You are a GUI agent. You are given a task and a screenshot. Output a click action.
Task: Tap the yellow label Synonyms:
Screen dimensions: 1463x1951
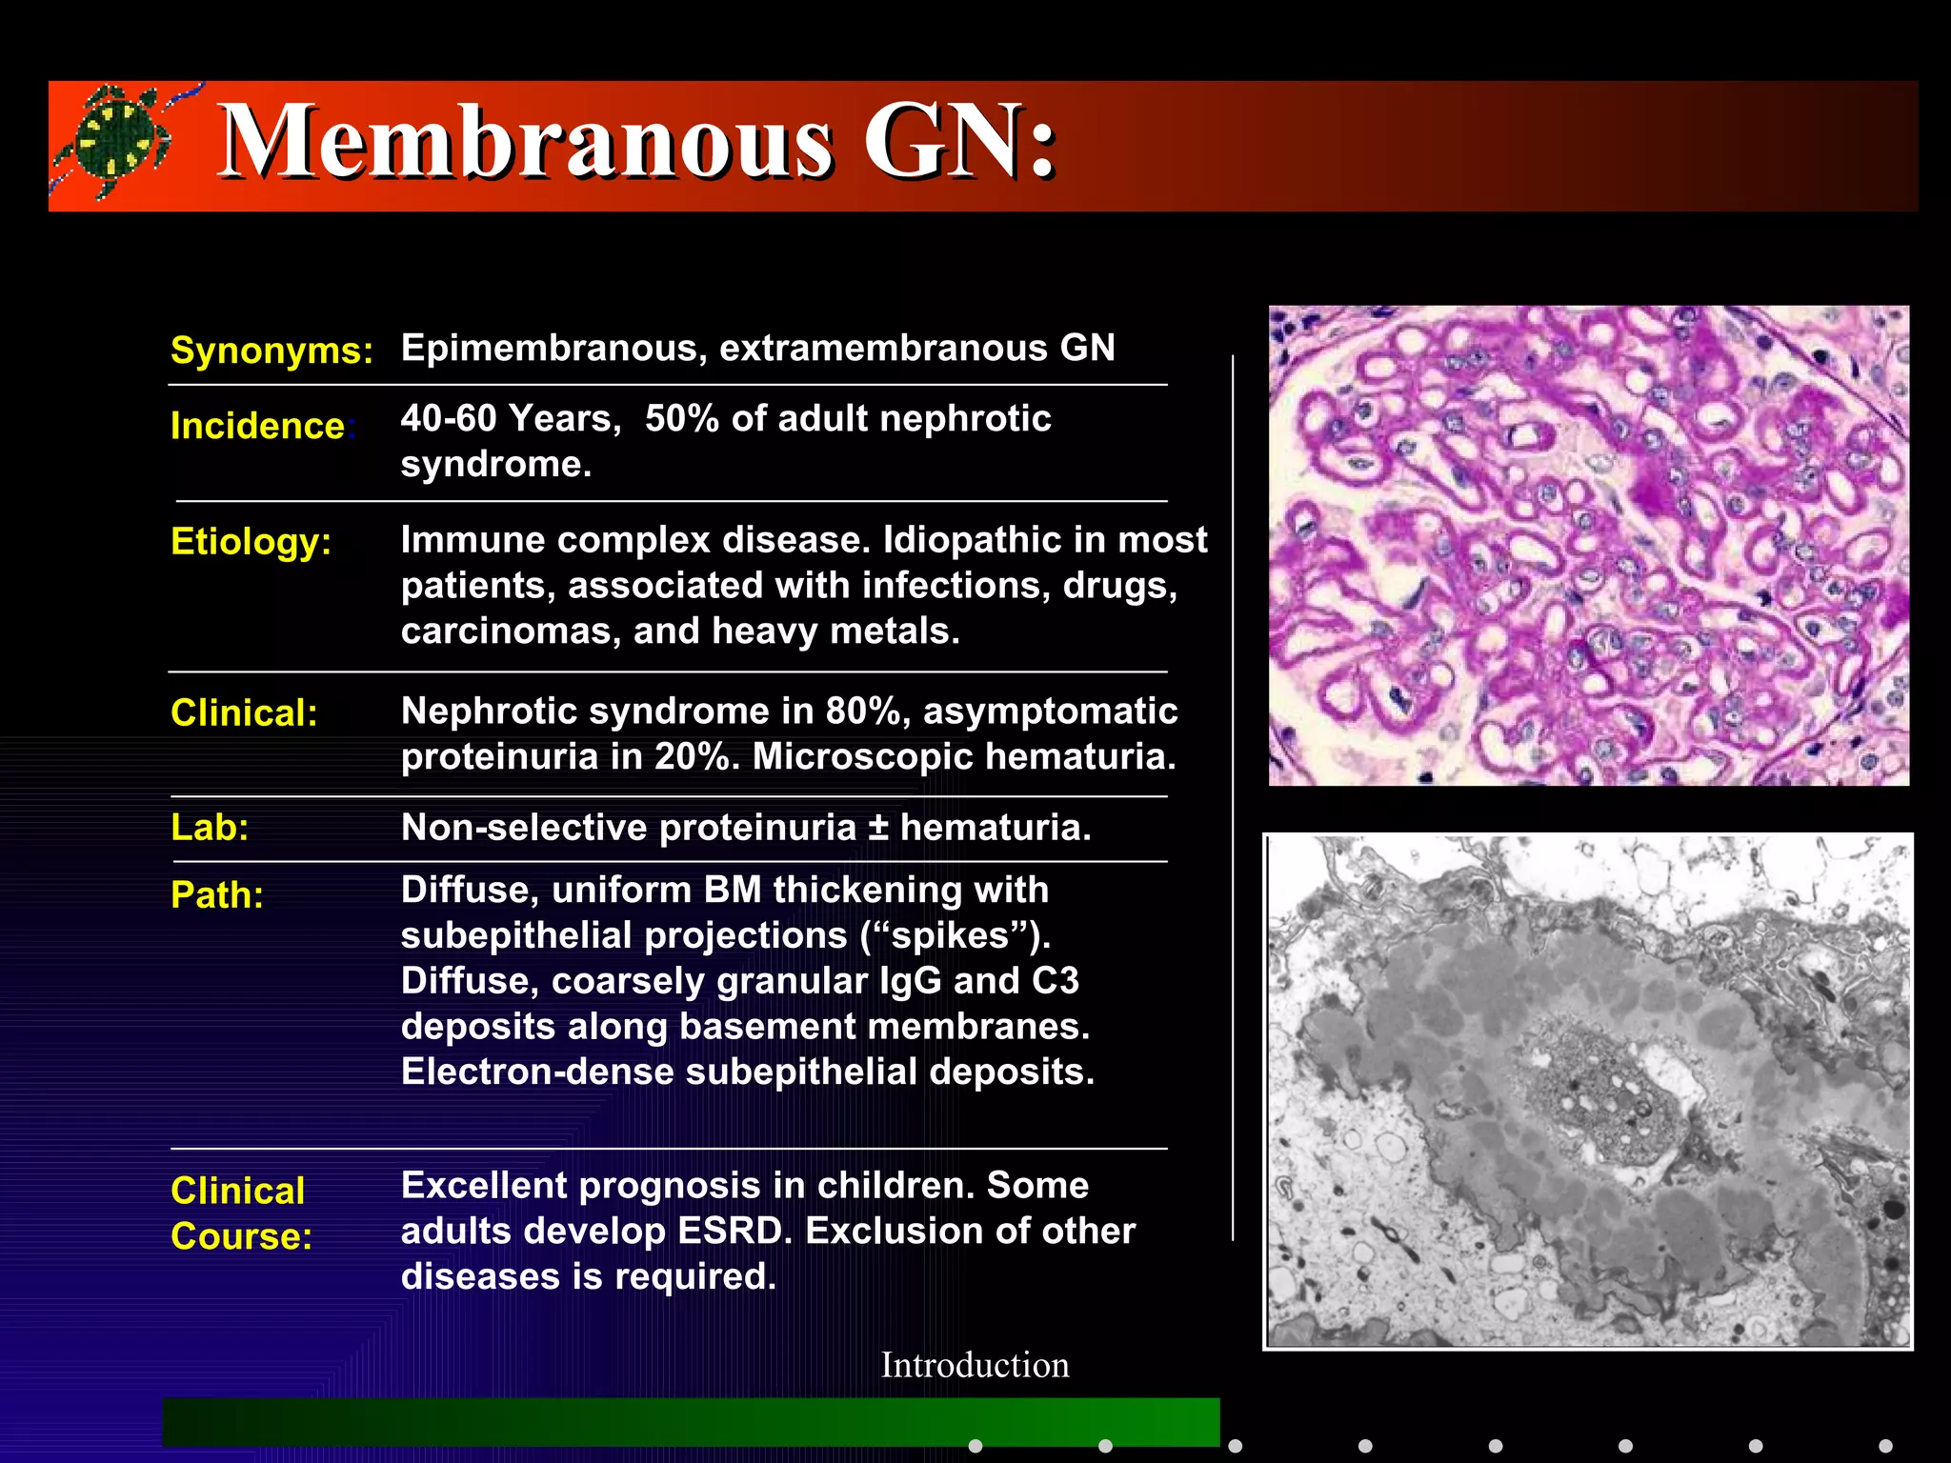click(x=272, y=351)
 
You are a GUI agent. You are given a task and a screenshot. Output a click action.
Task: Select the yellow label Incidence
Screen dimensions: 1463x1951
click(x=257, y=426)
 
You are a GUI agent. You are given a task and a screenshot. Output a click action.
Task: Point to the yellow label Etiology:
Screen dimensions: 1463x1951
click(x=251, y=541)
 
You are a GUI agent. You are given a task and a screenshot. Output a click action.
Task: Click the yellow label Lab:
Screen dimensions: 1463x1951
click(x=210, y=827)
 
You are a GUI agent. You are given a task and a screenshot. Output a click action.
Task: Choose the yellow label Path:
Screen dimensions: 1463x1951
click(x=217, y=895)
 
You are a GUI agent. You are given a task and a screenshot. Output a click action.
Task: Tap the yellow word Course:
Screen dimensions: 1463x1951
click(x=241, y=1236)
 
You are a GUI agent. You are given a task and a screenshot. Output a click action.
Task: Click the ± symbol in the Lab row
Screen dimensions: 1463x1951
click(x=877, y=828)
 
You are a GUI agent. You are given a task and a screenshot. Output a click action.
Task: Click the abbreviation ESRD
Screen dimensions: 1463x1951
click(x=734, y=1231)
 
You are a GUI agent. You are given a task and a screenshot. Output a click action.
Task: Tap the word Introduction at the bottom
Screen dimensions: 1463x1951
click(x=975, y=1365)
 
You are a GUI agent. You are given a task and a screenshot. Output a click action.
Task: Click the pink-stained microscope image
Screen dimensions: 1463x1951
click(x=1588, y=545)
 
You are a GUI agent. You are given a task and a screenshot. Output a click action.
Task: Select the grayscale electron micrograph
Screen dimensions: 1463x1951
click(x=1588, y=1091)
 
